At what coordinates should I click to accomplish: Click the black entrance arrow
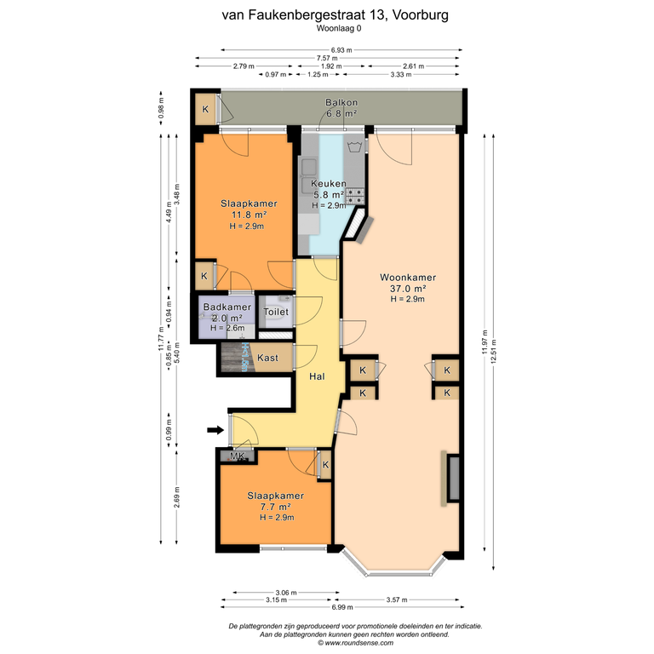coord(215,430)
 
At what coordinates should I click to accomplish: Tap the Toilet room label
coord(276,312)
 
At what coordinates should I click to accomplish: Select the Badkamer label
coord(227,307)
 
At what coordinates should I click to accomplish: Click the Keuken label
coord(329,184)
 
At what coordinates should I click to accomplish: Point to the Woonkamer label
coord(408,278)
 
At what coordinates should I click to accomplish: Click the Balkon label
coord(341,102)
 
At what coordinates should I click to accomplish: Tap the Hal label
coord(317,376)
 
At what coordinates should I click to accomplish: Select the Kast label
coord(267,358)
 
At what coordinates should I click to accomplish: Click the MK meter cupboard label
coord(238,456)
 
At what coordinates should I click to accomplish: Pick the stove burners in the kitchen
coord(355,196)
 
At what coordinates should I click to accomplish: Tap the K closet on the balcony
coord(205,109)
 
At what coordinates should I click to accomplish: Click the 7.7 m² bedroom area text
coord(275,507)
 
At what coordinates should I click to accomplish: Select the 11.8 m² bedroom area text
coord(249,215)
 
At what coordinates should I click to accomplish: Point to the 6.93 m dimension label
coord(341,50)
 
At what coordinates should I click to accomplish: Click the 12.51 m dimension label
coord(494,351)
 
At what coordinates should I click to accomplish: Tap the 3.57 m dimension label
coord(397,599)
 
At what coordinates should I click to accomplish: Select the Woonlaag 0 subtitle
coord(339,28)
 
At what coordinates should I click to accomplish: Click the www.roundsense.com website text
coord(359,643)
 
